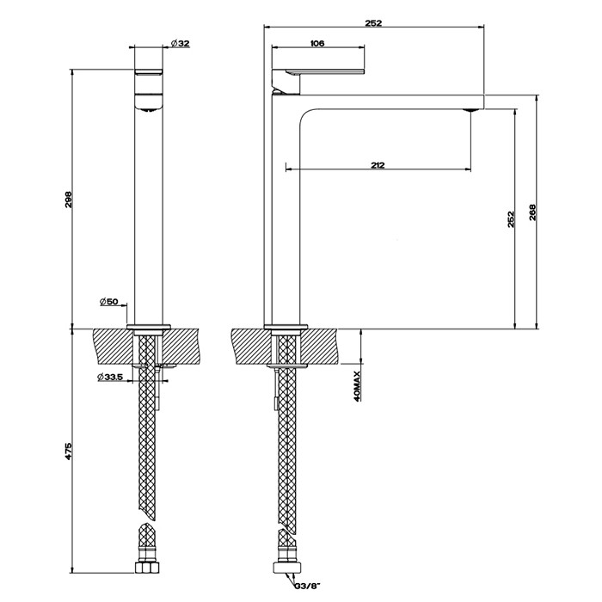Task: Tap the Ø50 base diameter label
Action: (113, 301)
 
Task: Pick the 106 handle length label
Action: (316, 43)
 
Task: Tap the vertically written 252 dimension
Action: (511, 218)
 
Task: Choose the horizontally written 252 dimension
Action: (373, 23)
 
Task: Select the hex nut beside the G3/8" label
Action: (284, 568)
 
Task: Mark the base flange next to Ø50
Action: (150, 326)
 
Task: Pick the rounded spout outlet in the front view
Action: (150, 107)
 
